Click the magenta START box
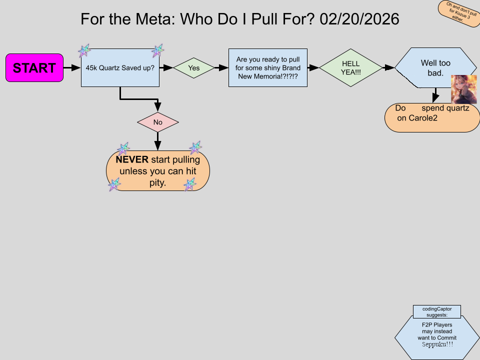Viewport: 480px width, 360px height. coord(34,67)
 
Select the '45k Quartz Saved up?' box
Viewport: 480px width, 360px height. coord(120,68)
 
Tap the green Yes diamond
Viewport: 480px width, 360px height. coord(194,68)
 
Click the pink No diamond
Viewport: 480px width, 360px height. coord(158,122)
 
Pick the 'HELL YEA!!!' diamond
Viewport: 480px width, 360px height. coord(350,67)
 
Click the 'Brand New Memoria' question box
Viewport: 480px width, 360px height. coord(267,67)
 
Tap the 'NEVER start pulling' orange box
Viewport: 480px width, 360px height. coord(158,171)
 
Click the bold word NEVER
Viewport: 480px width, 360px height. coord(132,160)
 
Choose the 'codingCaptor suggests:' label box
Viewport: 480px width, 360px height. coord(436,311)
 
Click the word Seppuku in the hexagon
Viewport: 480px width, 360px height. coord(437,344)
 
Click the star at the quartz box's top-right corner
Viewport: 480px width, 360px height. coord(158,50)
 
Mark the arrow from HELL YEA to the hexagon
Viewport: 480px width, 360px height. coord(388,67)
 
